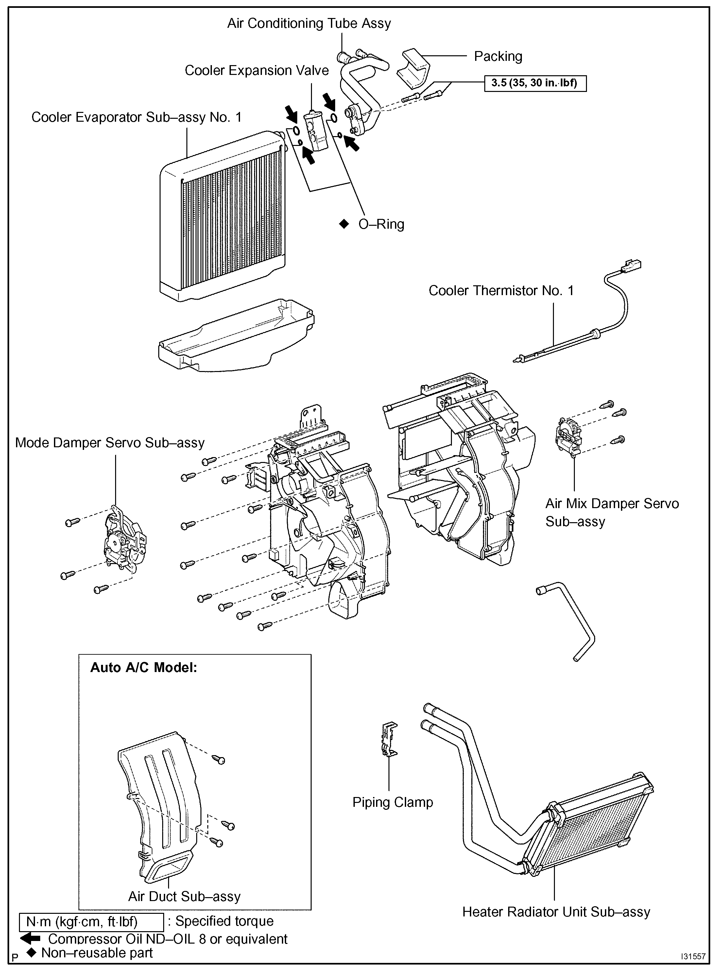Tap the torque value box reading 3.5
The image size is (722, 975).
pyautogui.click(x=535, y=83)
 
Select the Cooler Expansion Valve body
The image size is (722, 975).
pyautogui.click(x=315, y=130)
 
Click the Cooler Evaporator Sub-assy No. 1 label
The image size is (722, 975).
pyautogui.click(x=136, y=117)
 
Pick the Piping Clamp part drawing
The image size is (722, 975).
pyautogui.click(x=389, y=738)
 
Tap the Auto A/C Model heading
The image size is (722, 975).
pyautogui.click(x=144, y=668)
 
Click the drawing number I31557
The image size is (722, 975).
pyautogui.click(x=694, y=956)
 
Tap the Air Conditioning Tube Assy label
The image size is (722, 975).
pyautogui.click(x=309, y=23)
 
